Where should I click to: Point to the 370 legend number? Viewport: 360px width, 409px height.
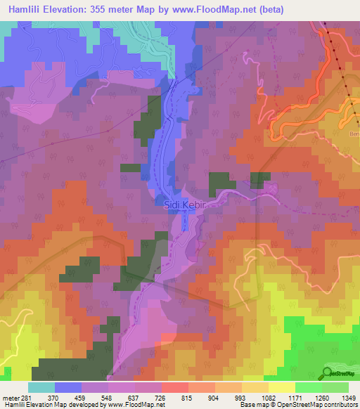tap(53, 397)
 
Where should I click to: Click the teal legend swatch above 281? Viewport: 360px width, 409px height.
tap(41, 387)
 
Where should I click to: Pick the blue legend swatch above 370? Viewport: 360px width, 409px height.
tap(67, 387)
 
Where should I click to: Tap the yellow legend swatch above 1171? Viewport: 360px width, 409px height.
tap(281, 387)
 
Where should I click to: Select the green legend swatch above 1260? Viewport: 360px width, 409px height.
tap(308, 387)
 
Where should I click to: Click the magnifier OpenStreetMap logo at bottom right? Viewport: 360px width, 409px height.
tap(328, 373)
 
